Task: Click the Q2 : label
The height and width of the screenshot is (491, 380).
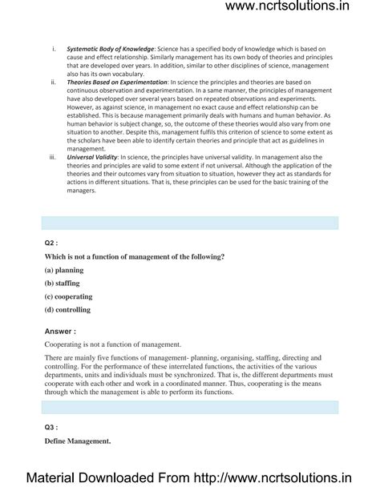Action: tap(52, 243)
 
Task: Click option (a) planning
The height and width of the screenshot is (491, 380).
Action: tap(66, 271)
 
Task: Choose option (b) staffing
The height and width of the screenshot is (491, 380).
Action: tap(64, 284)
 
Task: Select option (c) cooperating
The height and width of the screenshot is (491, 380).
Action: tap(70, 296)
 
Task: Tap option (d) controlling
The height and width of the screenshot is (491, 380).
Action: tap(68, 309)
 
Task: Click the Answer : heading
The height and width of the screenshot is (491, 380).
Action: tap(61, 330)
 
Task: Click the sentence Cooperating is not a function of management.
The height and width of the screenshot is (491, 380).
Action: tap(112, 344)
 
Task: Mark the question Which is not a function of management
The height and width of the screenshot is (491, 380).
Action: tap(134, 256)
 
